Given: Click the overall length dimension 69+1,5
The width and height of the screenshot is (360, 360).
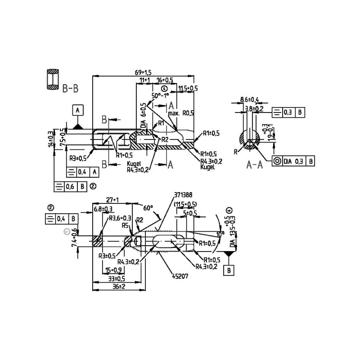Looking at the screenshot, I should point(144,72).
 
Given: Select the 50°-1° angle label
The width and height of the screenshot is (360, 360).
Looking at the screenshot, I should point(160,96).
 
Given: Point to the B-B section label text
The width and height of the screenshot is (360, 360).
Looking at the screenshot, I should point(70,89).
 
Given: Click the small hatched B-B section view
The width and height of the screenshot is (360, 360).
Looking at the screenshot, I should point(53,79).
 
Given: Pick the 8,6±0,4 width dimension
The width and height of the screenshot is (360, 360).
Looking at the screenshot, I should point(249,99).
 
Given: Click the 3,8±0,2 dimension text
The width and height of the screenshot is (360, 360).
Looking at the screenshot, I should point(254,108).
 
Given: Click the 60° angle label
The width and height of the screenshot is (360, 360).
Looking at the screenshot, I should point(148,209).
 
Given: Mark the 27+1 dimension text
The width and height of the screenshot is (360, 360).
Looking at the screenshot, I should point(112,200).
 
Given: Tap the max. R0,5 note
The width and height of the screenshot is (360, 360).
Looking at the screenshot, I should point(181,114).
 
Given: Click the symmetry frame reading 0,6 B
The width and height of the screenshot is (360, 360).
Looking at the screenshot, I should point(72,185).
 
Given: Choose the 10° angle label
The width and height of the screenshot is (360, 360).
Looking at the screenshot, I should point(220,234).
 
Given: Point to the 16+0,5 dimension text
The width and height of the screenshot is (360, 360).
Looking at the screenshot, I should point(165,80).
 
